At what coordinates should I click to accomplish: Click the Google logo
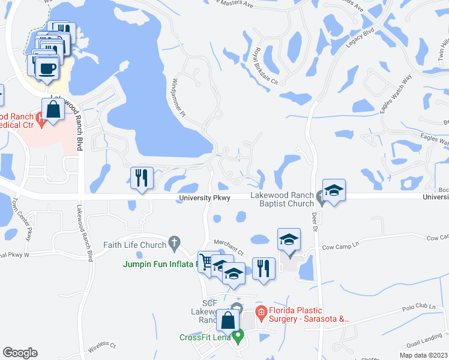(x=20, y=353)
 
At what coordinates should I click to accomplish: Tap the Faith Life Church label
(x=134, y=245)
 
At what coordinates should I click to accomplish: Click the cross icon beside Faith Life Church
(x=174, y=242)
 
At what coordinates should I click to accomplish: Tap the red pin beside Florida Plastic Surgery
(x=261, y=311)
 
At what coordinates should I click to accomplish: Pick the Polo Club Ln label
(x=420, y=307)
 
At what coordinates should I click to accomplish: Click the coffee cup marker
(x=47, y=68)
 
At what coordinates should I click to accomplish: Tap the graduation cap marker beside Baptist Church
(x=333, y=191)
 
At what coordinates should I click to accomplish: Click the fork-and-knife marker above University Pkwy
(x=142, y=178)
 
